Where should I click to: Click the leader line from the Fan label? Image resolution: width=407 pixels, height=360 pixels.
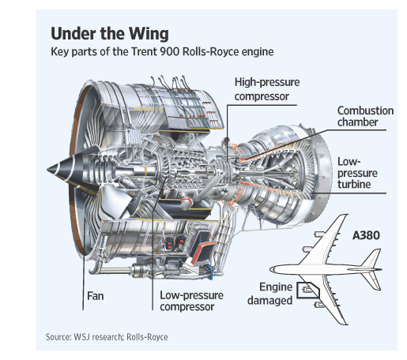point(85,253)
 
